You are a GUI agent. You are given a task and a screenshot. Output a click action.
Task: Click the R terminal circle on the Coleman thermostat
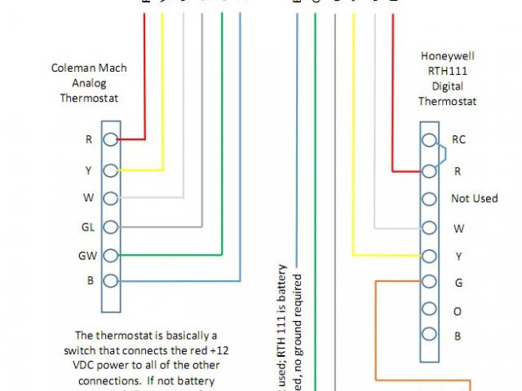[111, 139]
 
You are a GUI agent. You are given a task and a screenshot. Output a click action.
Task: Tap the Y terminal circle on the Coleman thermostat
[111, 169]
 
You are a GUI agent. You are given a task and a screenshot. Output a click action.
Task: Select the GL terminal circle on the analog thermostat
[111, 226]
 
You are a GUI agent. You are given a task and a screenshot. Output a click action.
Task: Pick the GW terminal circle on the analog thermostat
[111, 255]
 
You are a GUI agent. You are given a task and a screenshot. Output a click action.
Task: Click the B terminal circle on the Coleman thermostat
[111, 282]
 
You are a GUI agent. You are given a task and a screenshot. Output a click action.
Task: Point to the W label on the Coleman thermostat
[88, 197]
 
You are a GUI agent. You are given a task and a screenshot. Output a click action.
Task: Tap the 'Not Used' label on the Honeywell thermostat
[474, 199]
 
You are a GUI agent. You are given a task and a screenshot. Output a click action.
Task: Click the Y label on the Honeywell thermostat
[458, 256]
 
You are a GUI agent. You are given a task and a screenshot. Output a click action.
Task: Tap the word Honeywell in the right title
[447, 57]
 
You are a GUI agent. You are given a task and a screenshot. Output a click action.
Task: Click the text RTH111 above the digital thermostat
[447, 72]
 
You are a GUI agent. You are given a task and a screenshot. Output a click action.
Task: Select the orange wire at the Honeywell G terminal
[391, 281]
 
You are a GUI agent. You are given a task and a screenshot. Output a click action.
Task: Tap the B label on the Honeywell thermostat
[458, 336]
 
